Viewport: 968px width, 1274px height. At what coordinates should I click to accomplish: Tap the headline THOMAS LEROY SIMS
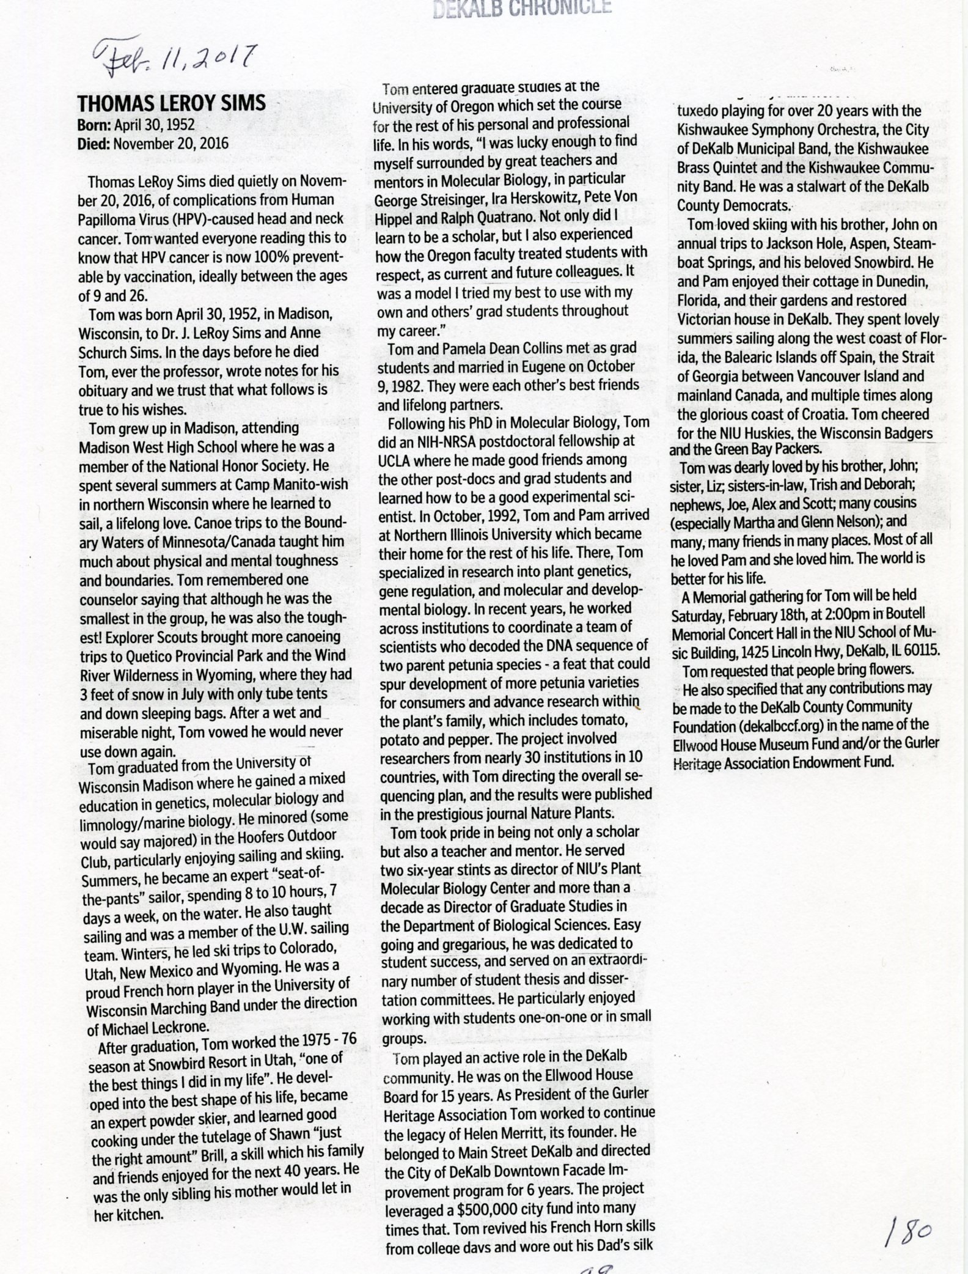coord(172,103)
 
